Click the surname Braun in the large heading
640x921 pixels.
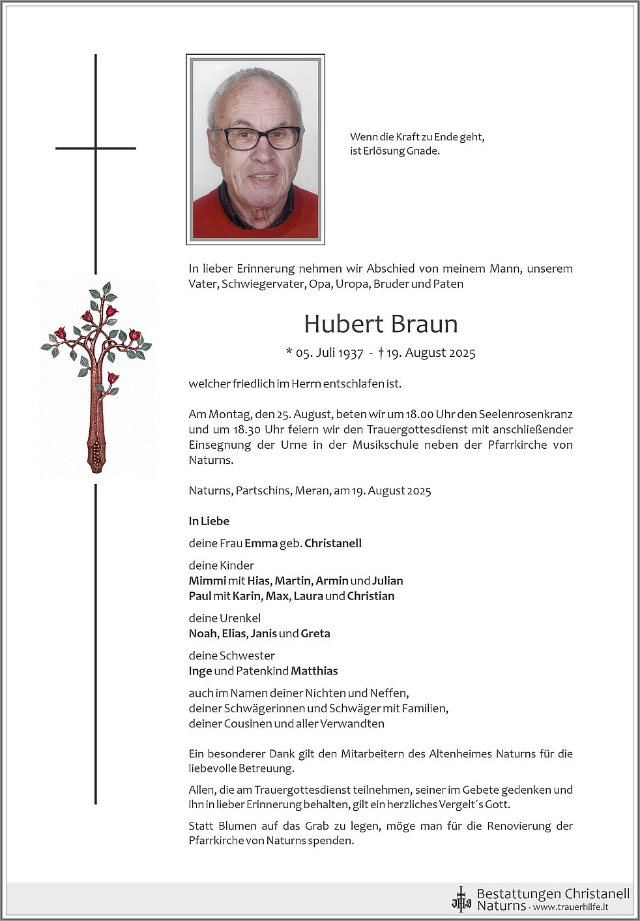point(422,324)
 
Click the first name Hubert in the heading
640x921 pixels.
point(339,324)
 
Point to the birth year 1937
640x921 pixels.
point(351,353)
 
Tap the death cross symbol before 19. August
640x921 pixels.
point(381,352)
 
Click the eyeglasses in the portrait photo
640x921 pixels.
point(256,138)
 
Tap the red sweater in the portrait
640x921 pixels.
point(215,212)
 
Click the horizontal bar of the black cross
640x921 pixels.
point(96,149)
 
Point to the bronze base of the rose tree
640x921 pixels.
point(96,453)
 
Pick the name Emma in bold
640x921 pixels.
point(261,543)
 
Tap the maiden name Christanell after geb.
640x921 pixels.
point(333,543)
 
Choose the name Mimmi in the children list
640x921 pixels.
point(207,581)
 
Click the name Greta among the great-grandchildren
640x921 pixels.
point(315,633)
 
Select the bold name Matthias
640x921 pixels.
point(314,671)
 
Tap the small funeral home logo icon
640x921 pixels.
point(461,899)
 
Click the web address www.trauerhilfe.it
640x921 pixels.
point(571,907)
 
